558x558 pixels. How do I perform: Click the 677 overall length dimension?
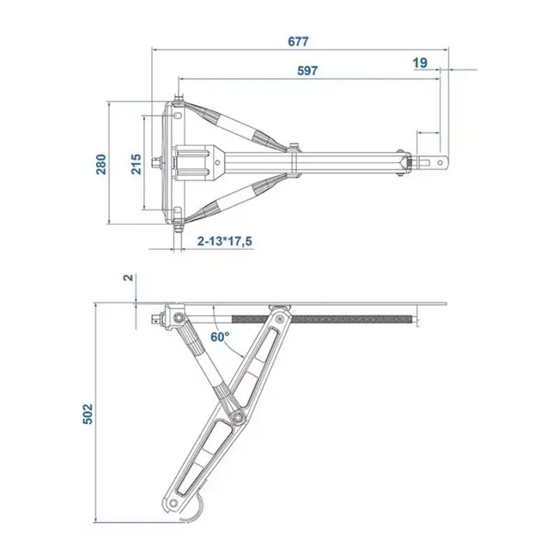tap(298, 40)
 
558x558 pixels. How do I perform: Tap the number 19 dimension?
tap(419, 63)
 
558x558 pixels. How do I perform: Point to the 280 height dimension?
tap(100, 163)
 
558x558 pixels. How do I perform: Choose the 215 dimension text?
tap(135, 163)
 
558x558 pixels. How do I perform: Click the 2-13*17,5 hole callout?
tap(224, 241)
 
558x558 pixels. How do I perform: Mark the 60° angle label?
tap(221, 337)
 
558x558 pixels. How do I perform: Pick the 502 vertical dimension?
tap(87, 413)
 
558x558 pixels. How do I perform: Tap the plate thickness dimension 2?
tap(128, 278)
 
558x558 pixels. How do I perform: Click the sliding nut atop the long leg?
tap(279, 310)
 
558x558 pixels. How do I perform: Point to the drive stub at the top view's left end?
tap(155, 162)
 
